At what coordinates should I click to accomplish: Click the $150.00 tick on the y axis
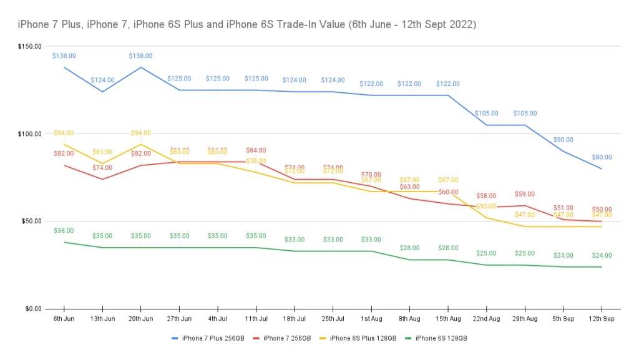coord(30,47)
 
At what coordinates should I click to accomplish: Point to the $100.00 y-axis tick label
coord(30,134)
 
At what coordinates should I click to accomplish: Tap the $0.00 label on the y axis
coord(32,309)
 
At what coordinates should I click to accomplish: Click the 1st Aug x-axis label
coord(371,319)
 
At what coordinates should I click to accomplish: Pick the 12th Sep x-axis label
coord(602,319)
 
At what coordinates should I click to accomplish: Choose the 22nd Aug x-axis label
coord(487,319)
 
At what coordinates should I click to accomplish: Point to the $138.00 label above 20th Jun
coord(140,56)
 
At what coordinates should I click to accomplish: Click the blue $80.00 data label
coord(602,157)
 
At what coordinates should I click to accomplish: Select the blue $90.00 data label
coord(563,140)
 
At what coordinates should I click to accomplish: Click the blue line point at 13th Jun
coord(102,92)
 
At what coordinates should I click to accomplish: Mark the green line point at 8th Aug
coord(409,260)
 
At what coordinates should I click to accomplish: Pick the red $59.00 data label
coord(524,194)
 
